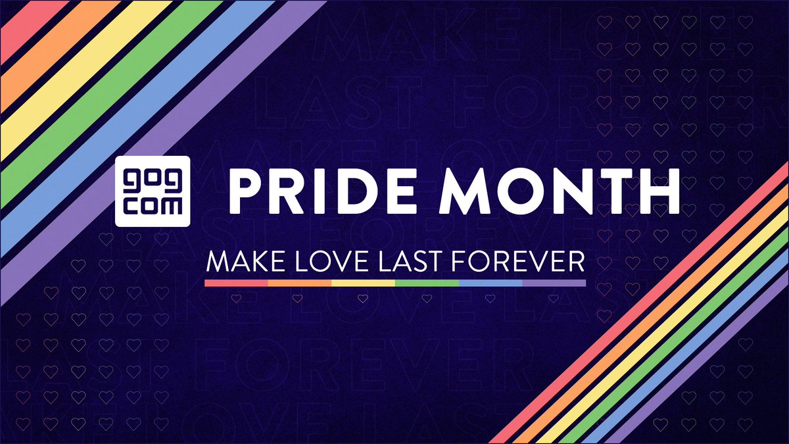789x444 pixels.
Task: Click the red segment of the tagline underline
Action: [x=237, y=283]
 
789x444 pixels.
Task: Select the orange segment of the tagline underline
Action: [x=300, y=283]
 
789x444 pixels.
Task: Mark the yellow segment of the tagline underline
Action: [x=364, y=283]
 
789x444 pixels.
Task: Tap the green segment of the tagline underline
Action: [x=427, y=283]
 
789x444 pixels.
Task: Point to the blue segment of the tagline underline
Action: [x=490, y=283]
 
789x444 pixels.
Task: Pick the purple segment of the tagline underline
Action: [x=554, y=283]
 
